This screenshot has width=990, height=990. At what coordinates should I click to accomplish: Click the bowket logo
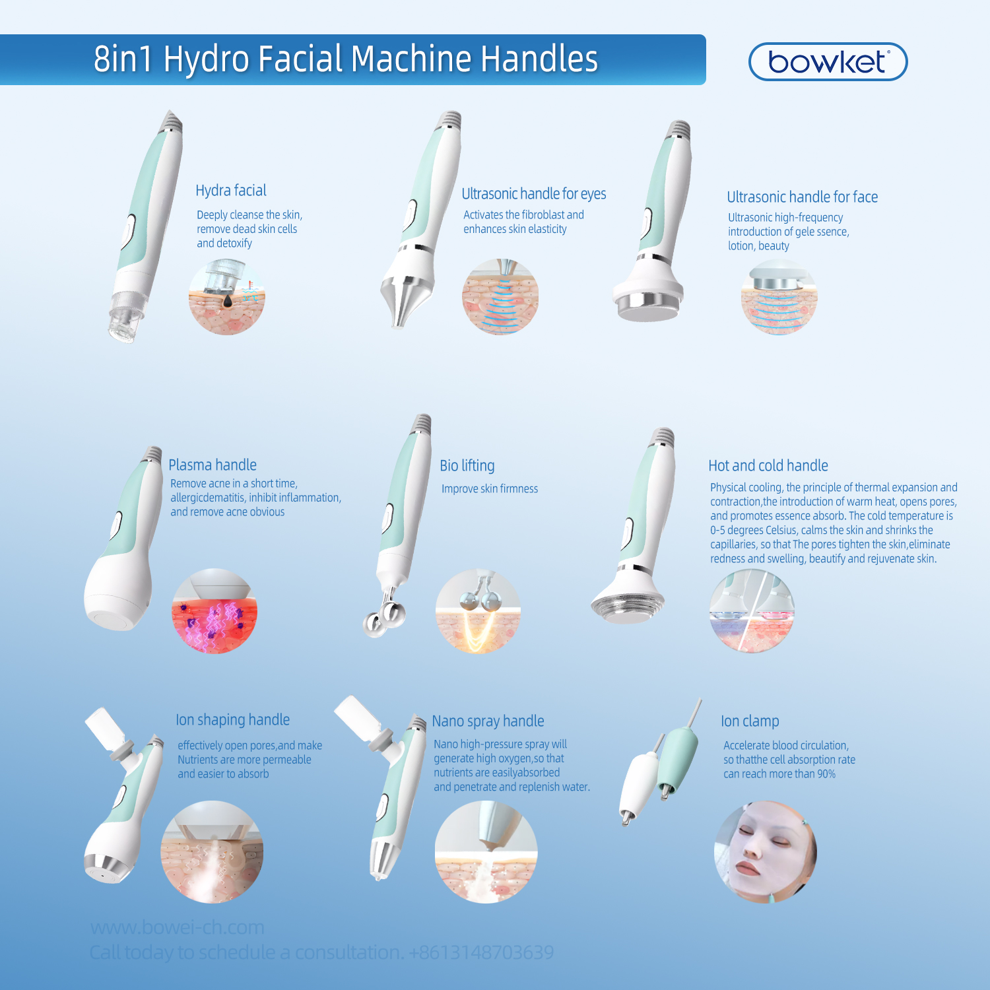(x=828, y=62)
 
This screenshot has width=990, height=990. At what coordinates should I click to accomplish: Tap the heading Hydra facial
(x=231, y=191)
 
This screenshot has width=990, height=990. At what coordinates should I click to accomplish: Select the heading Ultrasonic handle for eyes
(x=533, y=194)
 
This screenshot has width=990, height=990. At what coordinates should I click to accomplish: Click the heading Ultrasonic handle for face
(x=802, y=197)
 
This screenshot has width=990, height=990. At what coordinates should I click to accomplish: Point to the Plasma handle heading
(x=213, y=465)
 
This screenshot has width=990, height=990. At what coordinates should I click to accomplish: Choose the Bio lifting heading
(x=467, y=466)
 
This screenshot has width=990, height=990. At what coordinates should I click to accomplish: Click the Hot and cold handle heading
(x=768, y=466)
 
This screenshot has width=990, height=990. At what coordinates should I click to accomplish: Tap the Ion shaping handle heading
(x=232, y=720)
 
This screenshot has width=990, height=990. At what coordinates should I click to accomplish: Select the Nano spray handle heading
(x=488, y=721)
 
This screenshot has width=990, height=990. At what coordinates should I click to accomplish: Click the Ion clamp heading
(x=750, y=721)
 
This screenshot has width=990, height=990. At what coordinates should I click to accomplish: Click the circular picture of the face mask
(x=766, y=851)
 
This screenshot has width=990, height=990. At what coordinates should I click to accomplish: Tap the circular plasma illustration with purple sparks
(x=214, y=611)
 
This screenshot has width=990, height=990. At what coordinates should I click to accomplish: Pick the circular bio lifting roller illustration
(x=478, y=611)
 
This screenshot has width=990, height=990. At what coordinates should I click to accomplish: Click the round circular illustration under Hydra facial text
(x=226, y=297)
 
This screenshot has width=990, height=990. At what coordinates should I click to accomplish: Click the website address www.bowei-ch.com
(x=177, y=927)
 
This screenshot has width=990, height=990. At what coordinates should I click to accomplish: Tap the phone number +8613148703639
(x=481, y=952)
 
